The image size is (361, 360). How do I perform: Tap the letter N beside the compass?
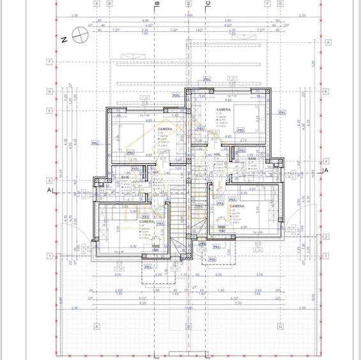65,38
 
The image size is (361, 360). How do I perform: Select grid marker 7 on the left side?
49,62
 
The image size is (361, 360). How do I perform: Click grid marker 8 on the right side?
326,43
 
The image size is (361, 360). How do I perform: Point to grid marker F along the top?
266,3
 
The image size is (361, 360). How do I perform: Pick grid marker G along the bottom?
280,325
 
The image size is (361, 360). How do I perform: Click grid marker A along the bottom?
96,325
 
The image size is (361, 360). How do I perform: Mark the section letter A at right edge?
325,171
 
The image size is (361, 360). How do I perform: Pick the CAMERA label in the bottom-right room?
236,206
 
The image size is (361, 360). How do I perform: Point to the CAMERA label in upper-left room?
165,129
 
